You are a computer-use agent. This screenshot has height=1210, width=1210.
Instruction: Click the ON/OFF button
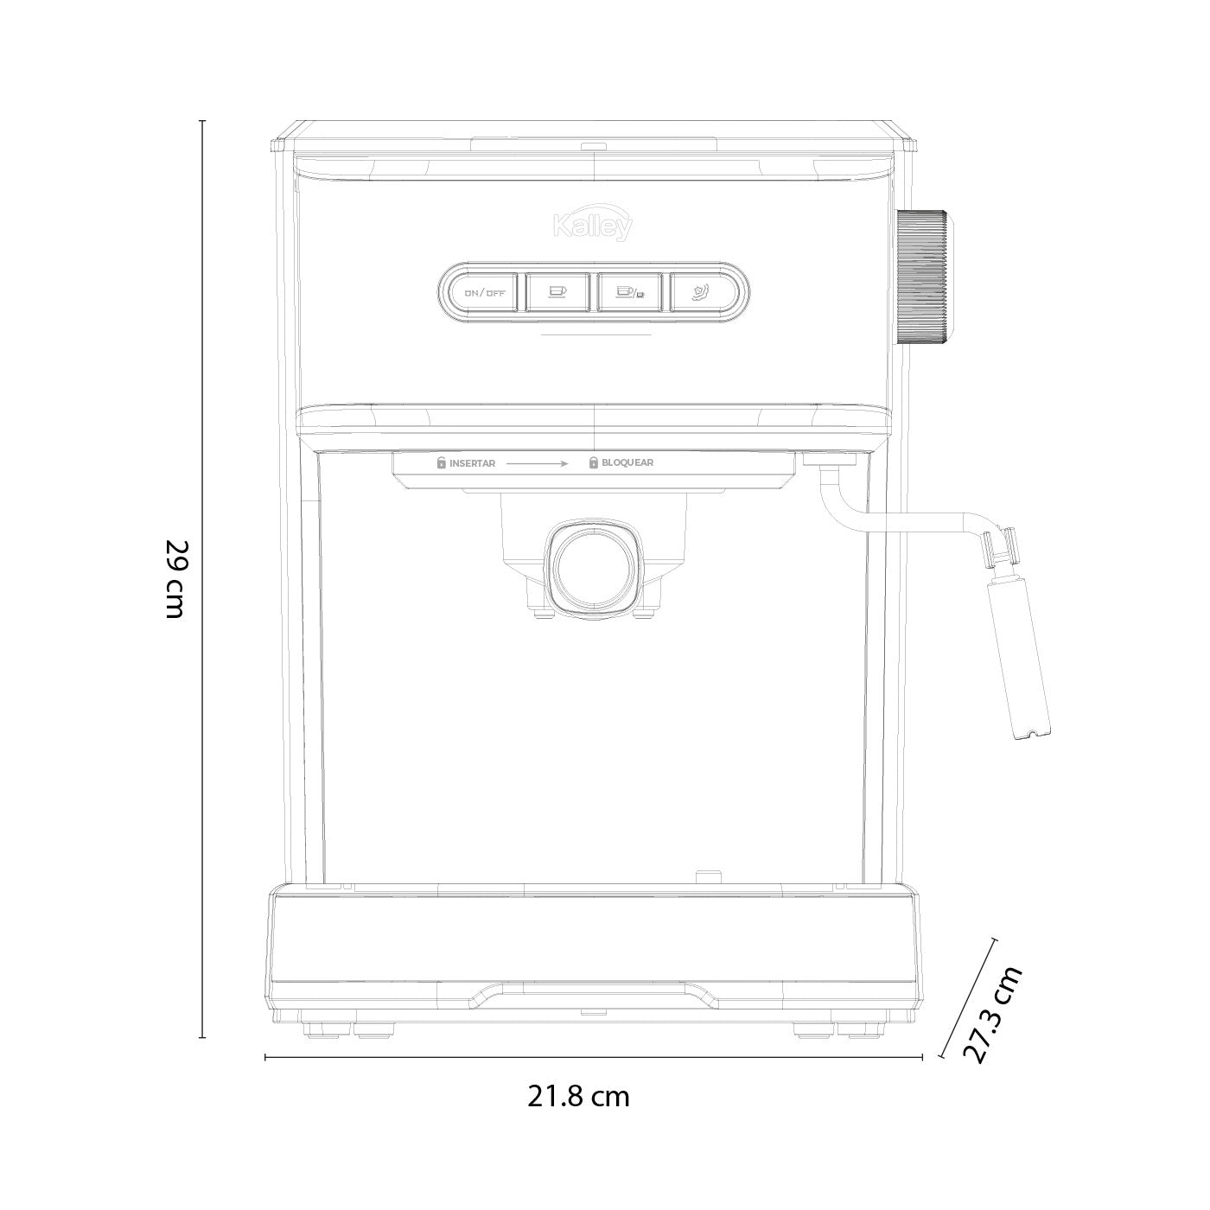tap(484, 292)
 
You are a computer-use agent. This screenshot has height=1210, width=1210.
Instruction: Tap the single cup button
tap(557, 292)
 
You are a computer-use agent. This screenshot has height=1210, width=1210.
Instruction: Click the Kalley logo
tap(593, 224)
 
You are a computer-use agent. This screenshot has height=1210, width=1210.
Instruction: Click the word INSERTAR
tap(472, 463)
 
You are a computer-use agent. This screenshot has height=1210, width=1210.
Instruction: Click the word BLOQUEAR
tap(627, 462)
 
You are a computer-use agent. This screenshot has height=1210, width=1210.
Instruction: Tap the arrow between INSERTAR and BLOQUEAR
tap(537, 463)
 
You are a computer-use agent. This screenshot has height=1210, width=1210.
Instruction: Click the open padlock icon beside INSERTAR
tap(442, 462)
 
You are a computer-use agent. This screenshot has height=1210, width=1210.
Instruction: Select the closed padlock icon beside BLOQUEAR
tap(593, 462)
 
